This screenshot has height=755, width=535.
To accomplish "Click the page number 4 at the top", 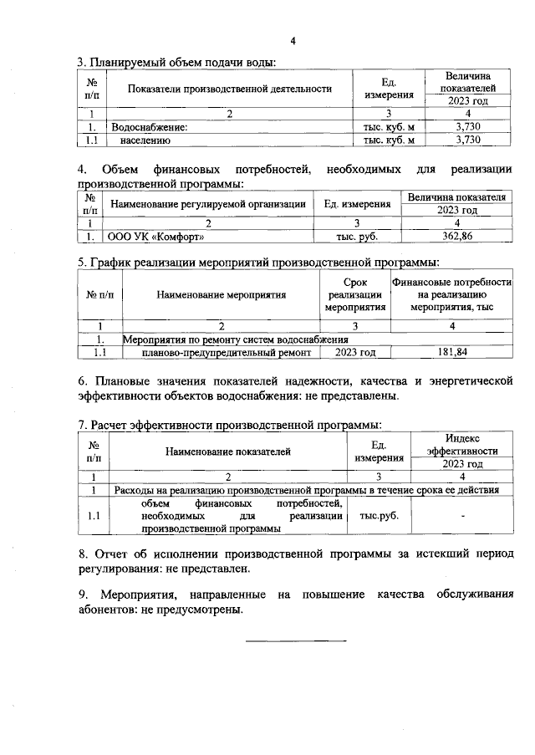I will [293, 41].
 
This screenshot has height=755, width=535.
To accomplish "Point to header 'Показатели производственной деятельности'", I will [230, 89].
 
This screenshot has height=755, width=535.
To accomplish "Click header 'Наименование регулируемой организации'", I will [207, 204].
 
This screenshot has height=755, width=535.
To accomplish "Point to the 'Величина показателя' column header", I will [457, 197].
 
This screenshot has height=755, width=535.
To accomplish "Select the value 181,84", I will [452, 353].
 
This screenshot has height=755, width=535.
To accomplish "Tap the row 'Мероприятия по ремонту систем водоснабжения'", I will [235, 339].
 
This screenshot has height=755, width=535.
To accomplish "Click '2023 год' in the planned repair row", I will [355, 353].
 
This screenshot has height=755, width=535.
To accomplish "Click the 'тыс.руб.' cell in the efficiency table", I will [379, 516].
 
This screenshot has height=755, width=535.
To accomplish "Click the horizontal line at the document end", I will [296, 640].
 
